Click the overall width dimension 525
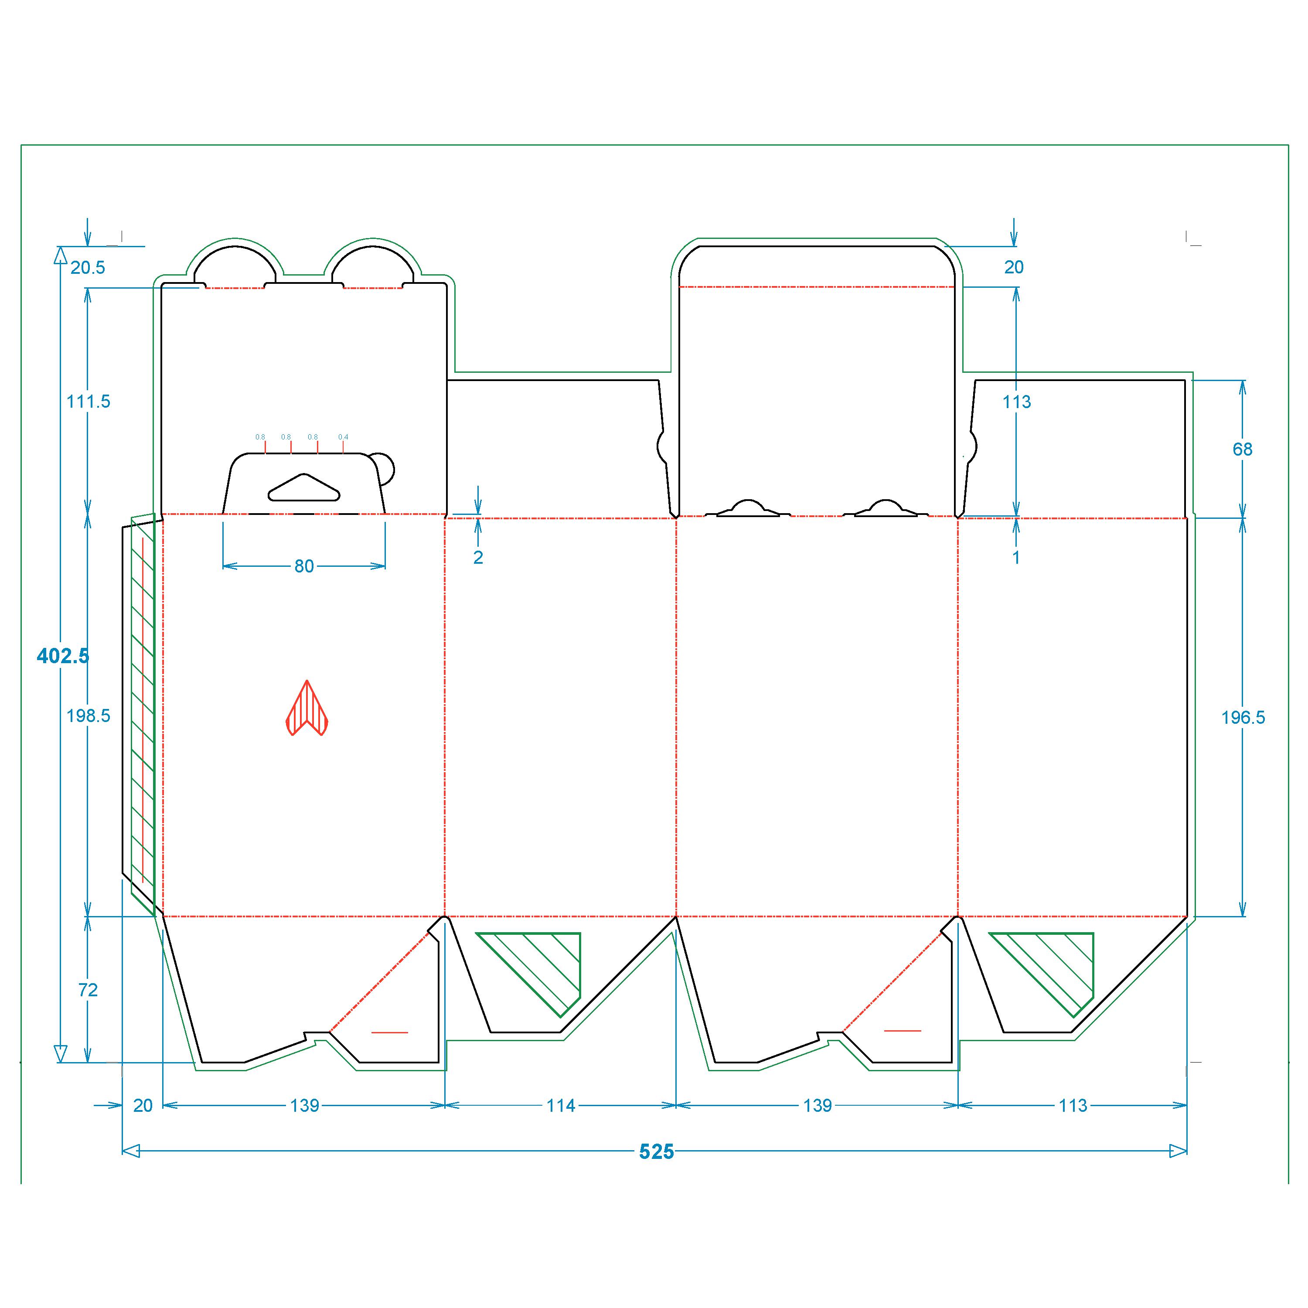[657, 1151]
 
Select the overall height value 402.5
[63, 655]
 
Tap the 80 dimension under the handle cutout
[304, 566]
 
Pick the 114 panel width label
[561, 1106]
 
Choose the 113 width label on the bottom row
[1073, 1106]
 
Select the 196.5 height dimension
[1243, 717]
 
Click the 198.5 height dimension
[88, 715]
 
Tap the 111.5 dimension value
[88, 402]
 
